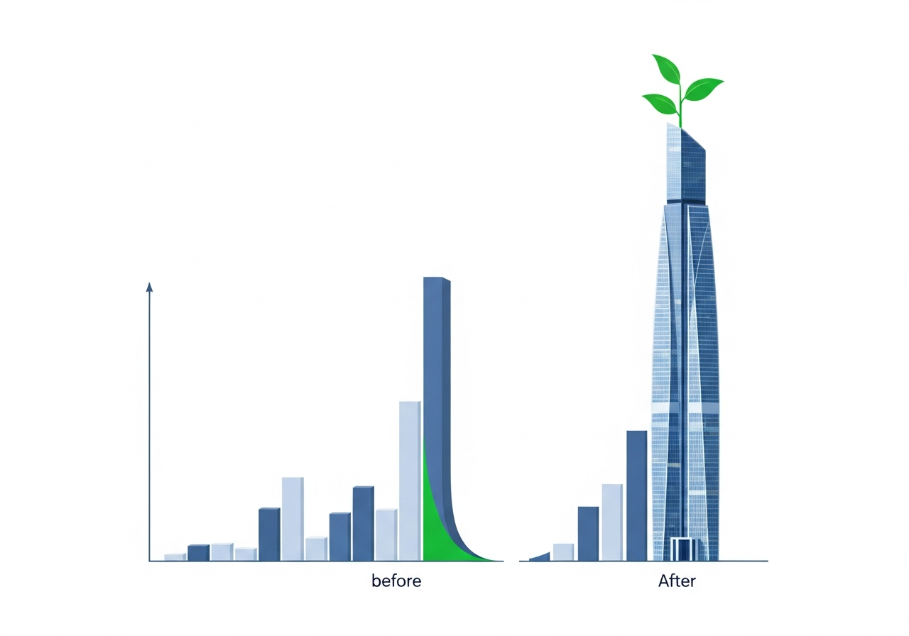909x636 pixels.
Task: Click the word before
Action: point(396,581)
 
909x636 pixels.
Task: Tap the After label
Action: point(677,581)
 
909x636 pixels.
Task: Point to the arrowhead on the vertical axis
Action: point(149,287)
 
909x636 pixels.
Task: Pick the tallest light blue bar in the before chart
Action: point(410,481)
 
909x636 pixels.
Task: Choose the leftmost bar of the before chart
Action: point(175,557)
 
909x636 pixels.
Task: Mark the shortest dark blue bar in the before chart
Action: point(198,552)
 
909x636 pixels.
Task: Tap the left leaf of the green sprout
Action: point(660,103)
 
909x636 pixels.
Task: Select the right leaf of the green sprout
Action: point(703,89)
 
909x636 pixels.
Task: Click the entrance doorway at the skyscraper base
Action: point(685,549)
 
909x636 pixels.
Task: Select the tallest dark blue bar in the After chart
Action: point(637,495)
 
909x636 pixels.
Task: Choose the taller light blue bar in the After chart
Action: point(612,522)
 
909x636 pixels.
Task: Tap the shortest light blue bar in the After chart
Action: point(563,552)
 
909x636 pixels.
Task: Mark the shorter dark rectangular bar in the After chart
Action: point(588,534)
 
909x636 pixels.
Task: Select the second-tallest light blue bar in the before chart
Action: point(293,519)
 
